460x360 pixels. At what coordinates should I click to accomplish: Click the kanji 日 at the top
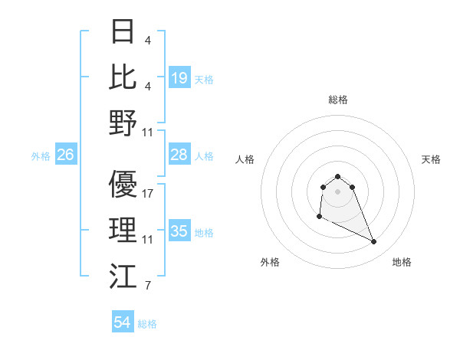(123, 31)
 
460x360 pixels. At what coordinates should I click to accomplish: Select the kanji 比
(123, 77)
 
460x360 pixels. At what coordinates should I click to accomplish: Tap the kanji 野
(123, 123)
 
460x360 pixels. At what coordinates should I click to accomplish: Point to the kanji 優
(123, 185)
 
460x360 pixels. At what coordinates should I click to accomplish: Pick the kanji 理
(123, 231)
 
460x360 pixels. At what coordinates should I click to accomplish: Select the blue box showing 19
(179, 77)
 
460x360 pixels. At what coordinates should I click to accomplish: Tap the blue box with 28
(179, 155)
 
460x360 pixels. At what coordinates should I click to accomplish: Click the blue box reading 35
(179, 231)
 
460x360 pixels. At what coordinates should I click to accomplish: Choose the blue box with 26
(66, 155)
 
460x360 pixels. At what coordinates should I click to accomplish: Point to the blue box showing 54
(123, 323)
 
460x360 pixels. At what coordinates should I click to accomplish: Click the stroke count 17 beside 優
(148, 194)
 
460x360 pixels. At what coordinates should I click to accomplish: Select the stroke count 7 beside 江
(147, 286)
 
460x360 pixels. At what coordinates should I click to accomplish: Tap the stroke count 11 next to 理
(148, 240)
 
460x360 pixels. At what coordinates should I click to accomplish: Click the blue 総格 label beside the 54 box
(147, 324)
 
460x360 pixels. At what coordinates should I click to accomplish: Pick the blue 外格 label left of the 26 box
(41, 155)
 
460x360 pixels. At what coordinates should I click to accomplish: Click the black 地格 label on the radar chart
(402, 262)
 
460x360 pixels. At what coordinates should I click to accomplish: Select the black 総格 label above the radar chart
(337, 100)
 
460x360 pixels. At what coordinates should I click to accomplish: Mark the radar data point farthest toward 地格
(374, 242)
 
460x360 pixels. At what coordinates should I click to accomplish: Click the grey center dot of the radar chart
(337, 191)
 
